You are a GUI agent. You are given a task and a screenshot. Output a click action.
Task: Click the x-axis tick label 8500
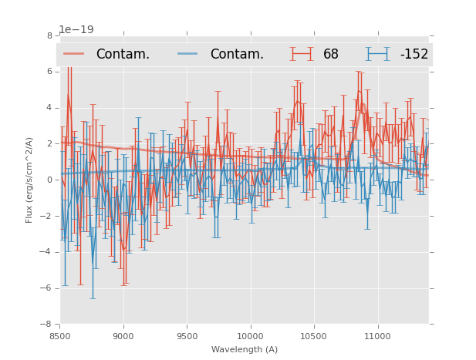tap(60, 336)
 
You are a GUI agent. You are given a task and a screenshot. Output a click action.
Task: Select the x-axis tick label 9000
tap(123, 336)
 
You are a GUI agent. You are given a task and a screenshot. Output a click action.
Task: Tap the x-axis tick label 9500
tap(187, 336)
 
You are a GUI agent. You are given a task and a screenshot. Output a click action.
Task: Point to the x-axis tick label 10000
tap(250, 336)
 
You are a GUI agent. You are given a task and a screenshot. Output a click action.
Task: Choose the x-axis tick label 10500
tap(313, 336)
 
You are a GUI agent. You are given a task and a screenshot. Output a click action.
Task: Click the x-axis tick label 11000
tap(377, 336)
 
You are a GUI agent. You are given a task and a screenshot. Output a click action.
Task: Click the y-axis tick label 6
tap(49, 72)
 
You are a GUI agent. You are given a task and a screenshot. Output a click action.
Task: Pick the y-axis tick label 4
tap(49, 108)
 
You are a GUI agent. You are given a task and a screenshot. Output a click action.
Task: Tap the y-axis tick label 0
tap(49, 180)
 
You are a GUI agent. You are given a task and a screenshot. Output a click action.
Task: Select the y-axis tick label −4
tap(47, 252)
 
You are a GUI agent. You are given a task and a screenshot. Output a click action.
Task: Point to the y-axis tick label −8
tap(47, 325)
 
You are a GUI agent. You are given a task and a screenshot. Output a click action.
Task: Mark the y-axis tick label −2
tap(47, 216)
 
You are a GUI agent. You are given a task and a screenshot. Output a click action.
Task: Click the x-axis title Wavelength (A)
tap(245, 349)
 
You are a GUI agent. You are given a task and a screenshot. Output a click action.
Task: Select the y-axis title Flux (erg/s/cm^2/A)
tap(29, 180)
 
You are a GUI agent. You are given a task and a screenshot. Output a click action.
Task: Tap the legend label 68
tap(331, 54)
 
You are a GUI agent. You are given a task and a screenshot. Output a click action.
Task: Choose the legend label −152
tap(414, 54)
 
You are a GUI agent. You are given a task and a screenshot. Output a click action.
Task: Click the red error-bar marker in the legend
tap(302, 54)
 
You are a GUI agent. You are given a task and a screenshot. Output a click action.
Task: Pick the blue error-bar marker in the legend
tap(378, 54)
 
